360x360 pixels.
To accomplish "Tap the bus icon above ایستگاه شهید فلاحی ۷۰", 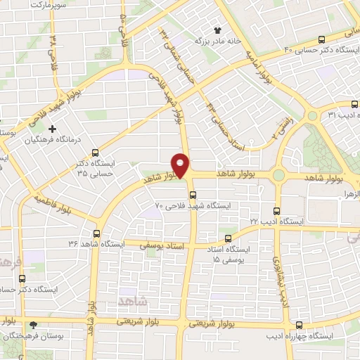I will [x=193, y=195].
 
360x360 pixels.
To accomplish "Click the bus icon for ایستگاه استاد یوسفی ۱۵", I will [x=226, y=239].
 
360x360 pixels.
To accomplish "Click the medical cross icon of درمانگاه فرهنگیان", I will [x=53, y=129].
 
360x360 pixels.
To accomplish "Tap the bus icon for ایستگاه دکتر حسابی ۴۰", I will [x=322, y=40].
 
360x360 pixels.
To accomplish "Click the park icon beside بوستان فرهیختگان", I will [x=33, y=324].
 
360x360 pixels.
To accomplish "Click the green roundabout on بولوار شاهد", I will [x=279, y=175].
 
